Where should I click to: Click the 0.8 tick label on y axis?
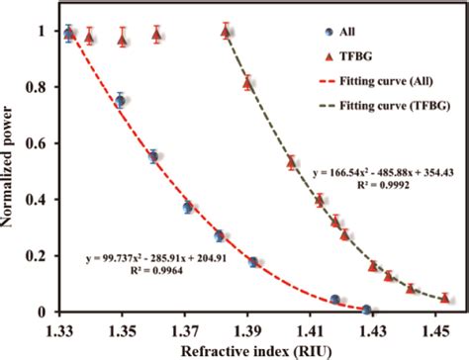click(x=41, y=88)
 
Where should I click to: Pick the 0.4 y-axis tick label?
click(x=41, y=200)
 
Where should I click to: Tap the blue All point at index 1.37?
click(x=187, y=207)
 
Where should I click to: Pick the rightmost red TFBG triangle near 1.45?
click(x=445, y=298)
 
